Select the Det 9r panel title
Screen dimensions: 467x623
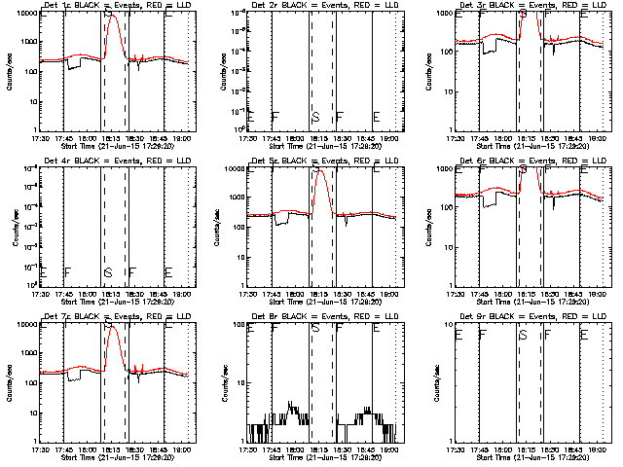(534, 317)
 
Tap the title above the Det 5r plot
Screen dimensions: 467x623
(325, 162)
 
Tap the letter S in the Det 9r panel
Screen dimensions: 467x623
(524, 335)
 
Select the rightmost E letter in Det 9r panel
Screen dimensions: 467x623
(584, 335)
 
